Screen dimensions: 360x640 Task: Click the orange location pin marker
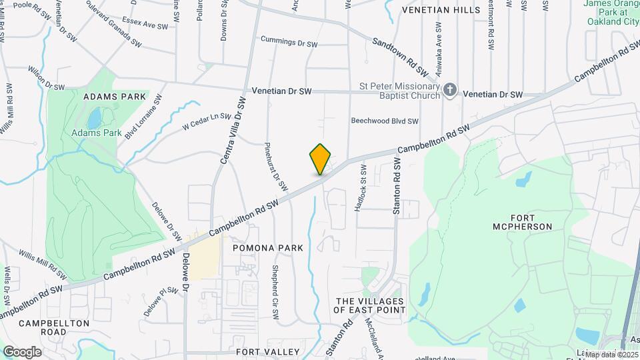tap(321, 159)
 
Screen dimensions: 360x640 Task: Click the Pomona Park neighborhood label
tap(268, 248)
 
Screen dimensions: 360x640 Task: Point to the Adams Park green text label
tap(97, 133)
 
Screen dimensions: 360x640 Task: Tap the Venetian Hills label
tap(441, 10)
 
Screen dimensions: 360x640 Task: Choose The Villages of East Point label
tap(370, 305)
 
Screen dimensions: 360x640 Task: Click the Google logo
tap(22, 352)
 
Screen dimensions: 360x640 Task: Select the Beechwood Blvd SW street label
tap(385, 121)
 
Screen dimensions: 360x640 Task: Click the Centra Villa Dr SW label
tap(233, 130)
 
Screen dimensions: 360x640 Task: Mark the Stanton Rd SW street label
tap(397, 186)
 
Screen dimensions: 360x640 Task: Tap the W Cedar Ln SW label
tap(210, 121)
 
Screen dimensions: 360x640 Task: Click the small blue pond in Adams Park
tap(94, 119)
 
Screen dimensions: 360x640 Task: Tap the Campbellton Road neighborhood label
tap(54, 327)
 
